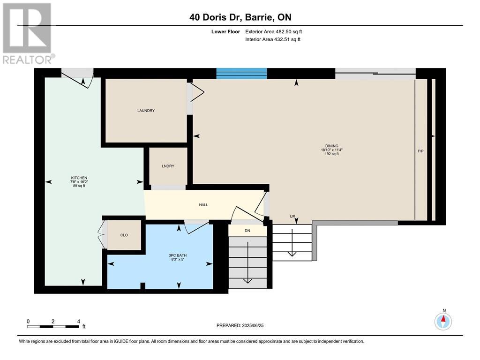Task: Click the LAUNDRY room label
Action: click(x=146, y=111)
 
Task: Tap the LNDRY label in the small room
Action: click(x=168, y=166)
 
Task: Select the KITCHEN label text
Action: click(x=79, y=178)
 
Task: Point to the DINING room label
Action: click(x=332, y=146)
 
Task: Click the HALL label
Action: click(x=203, y=204)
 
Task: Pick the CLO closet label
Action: click(x=124, y=235)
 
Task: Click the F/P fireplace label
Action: click(x=420, y=151)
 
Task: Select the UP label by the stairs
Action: click(x=292, y=217)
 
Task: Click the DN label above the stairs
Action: click(x=247, y=231)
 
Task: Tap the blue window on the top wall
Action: click(x=241, y=73)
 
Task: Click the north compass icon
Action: click(x=443, y=321)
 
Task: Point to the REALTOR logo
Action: click(x=28, y=33)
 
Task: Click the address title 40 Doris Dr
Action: click(x=240, y=17)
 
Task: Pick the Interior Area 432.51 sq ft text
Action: click(x=273, y=39)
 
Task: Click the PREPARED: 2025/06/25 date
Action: click(x=243, y=325)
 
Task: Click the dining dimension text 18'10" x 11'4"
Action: click(x=332, y=150)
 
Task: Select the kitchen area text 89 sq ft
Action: click(x=78, y=186)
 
